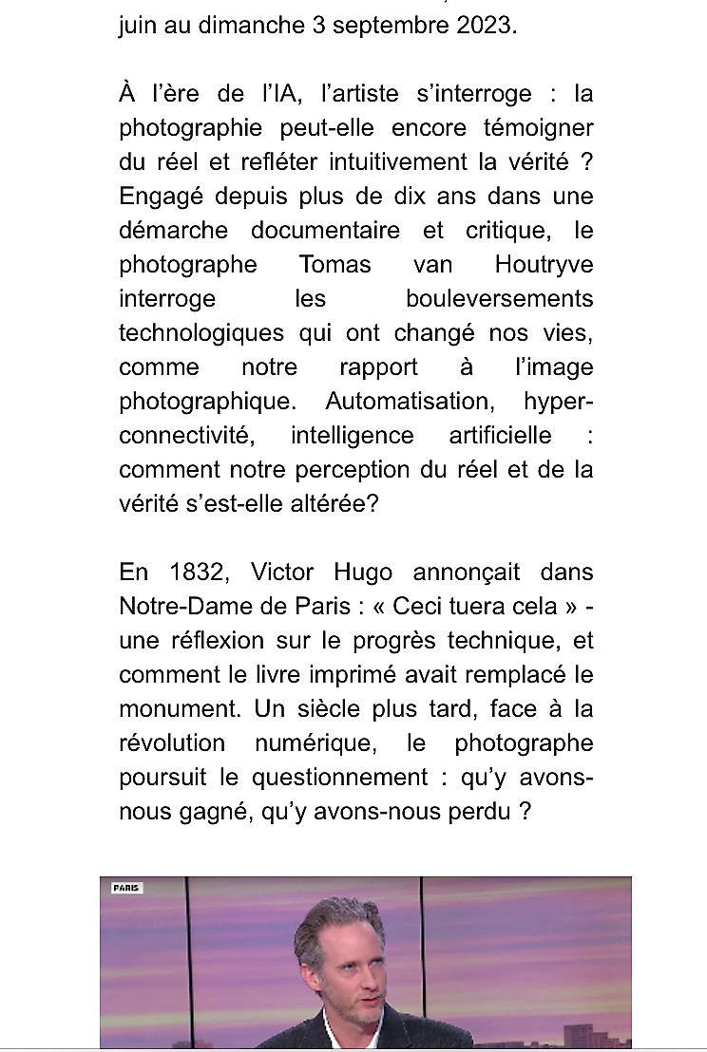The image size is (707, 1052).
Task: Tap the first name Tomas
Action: (334, 265)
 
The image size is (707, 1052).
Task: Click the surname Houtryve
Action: (544, 265)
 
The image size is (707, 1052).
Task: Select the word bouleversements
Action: (499, 299)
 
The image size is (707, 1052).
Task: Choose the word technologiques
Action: (201, 333)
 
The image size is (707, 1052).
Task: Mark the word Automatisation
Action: (410, 402)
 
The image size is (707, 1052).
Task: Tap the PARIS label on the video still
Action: (126, 889)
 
